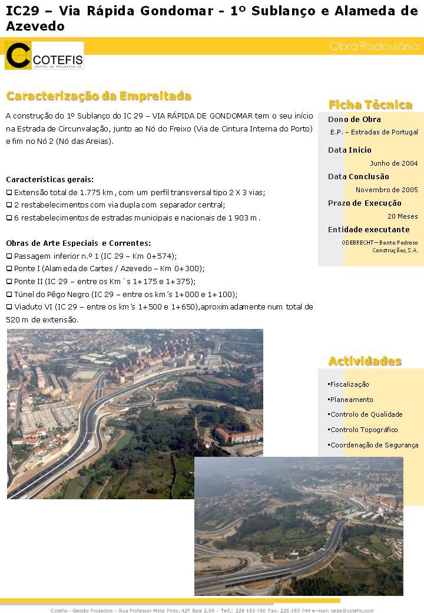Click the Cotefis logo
(x=44, y=55)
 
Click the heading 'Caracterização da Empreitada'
(x=98, y=96)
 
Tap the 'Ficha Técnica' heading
(x=370, y=105)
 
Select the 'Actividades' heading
(x=365, y=361)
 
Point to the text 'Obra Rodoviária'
(x=374, y=46)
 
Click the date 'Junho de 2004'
(x=393, y=163)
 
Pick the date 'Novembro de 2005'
(x=386, y=190)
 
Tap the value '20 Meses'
(x=403, y=216)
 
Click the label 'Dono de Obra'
(x=355, y=120)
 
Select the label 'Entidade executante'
(x=369, y=230)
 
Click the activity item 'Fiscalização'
(x=349, y=384)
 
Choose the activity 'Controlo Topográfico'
(x=363, y=430)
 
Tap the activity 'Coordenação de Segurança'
(x=374, y=445)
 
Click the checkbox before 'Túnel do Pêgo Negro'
(x=9, y=294)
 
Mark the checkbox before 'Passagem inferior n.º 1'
(x=9, y=256)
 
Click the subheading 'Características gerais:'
(x=49, y=179)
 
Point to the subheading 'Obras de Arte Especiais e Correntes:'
(x=78, y=243)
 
